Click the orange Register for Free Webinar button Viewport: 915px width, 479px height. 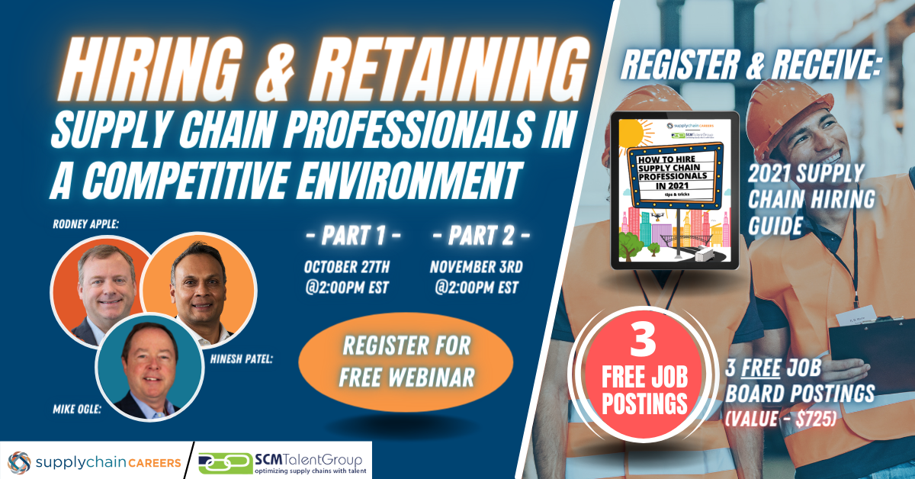pos(406,362)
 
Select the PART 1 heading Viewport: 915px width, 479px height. pos(353,236)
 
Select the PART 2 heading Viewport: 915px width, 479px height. pos(481,236)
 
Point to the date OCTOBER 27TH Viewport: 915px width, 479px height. pos(347,267)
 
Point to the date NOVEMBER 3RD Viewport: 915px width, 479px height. pos(477,267)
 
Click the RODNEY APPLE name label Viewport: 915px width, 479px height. pos(85,224)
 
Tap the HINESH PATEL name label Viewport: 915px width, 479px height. pos(242,359)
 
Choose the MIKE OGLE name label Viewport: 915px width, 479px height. pos(77,409)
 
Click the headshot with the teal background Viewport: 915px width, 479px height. pos(149,368)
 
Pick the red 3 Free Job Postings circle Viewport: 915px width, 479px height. pos(644,375)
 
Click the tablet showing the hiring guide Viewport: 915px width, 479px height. pos(674,191)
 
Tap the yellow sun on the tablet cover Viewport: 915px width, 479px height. pos(631,133)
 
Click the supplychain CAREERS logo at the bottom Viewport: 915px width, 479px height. pos(95,462)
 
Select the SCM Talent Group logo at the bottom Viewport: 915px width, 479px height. pos(283,463)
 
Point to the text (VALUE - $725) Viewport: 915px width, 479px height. pos(781,419)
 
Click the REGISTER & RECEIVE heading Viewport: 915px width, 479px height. pos(751,65)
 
